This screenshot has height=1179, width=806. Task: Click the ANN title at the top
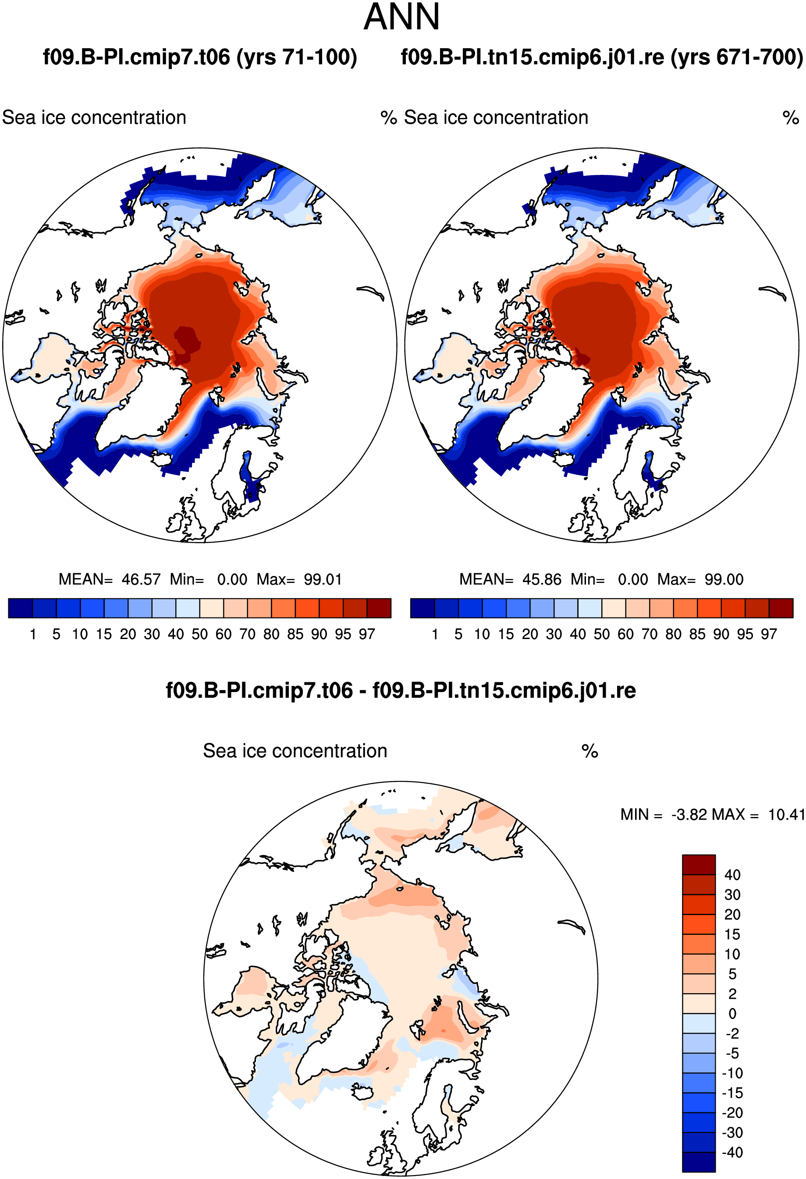point(402,17)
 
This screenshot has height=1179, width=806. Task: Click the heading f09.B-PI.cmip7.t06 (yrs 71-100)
point(200,57)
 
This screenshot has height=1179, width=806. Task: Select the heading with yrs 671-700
point(602,57)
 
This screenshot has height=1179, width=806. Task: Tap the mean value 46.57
point(141,579)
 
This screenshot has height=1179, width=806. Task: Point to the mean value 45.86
point(542,579)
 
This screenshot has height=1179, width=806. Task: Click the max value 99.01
point(323,579)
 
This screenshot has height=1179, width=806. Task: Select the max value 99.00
point(724,579)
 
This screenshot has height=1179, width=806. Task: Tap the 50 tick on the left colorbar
point(200,634)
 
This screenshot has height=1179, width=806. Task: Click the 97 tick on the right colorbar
point(769,634)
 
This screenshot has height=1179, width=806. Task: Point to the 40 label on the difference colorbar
point(732,875)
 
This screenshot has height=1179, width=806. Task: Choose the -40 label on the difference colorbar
point(732,1152)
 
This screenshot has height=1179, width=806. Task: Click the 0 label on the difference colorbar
point(732,1014)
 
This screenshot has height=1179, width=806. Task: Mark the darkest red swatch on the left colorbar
point(379,608)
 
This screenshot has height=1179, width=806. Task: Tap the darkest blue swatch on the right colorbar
point(423,608)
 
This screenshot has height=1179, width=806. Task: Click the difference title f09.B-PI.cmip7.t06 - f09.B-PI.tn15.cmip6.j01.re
point(401,690)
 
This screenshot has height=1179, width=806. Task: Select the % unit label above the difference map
point(589,751)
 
